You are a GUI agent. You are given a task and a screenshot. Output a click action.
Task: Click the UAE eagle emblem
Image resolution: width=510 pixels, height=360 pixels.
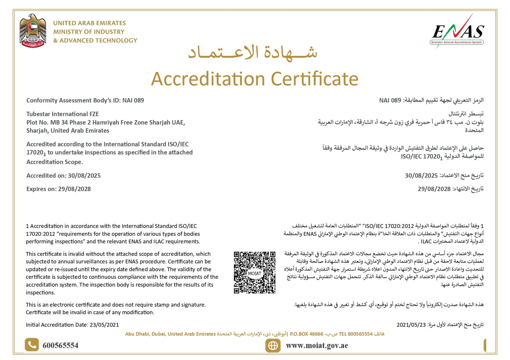33,31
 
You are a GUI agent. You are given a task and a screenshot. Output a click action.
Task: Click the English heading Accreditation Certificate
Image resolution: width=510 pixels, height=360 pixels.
254,79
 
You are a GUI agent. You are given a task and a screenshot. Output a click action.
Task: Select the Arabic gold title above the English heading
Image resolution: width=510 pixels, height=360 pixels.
252,52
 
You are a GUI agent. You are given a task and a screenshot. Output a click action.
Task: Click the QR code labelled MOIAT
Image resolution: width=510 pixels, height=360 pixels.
254,272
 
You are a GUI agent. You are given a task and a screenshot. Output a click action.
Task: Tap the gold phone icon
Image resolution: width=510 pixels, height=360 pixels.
32,345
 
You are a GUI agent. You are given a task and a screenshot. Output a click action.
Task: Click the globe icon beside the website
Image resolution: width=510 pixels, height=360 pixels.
273,346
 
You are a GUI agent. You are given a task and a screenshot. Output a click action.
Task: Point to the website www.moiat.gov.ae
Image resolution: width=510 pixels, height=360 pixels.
317,346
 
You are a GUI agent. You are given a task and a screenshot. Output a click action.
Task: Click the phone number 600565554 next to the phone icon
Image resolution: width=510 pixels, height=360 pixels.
60,346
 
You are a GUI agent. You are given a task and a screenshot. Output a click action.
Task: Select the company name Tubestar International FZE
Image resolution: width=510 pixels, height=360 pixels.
62,114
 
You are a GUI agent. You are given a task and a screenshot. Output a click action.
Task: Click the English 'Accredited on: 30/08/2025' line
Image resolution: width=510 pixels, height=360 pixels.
63,176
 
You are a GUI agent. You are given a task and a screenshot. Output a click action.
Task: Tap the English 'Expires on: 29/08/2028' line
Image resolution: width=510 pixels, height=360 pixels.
59,189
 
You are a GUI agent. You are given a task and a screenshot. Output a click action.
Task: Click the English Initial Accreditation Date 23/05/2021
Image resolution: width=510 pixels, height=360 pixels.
72,325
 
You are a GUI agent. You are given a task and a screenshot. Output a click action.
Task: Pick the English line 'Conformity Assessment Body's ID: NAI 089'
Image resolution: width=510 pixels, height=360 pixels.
85,100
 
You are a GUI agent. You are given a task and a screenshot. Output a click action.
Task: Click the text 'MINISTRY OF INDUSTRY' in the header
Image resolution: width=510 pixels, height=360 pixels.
89,32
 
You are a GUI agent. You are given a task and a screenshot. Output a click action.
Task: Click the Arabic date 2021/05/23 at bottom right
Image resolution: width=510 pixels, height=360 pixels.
411,325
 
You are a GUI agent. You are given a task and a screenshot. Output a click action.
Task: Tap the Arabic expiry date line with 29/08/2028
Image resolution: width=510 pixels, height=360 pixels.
450,189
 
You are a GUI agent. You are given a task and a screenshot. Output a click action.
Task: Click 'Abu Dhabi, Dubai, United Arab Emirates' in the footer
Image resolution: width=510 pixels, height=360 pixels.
170,334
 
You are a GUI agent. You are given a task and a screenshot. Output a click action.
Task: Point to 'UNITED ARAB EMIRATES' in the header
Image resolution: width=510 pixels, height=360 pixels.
89,23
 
